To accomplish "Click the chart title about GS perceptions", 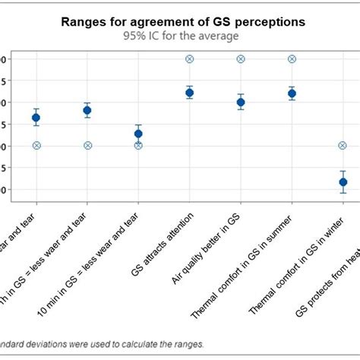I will (183, 22).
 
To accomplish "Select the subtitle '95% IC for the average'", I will (183, 35).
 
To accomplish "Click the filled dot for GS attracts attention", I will (189, 93).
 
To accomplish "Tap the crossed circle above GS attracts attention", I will (189, 58).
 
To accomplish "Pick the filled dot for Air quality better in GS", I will (241, 102).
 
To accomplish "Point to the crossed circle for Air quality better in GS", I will (241, 58).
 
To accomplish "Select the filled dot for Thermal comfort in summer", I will (292, 93).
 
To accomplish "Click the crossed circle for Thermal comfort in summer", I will (292, 58).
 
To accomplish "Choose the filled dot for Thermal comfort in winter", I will (343, 182).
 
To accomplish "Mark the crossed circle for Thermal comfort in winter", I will (343, 145).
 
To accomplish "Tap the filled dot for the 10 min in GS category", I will (138, 134).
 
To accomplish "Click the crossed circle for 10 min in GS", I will (138, 145).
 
